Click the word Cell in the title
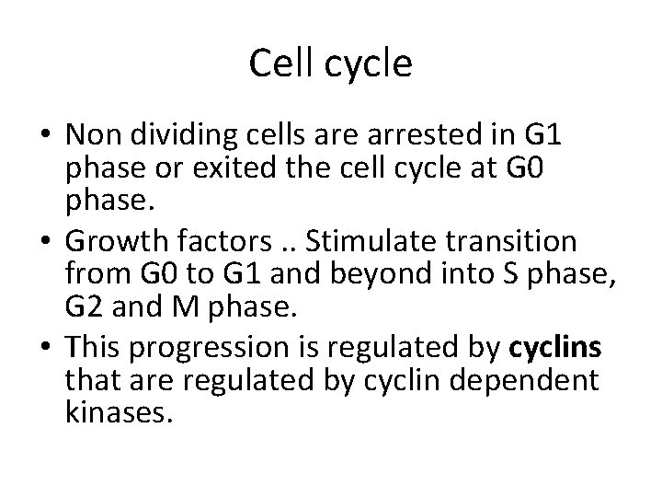click(x=280, y=64)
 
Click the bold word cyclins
click(x=555, y=348)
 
